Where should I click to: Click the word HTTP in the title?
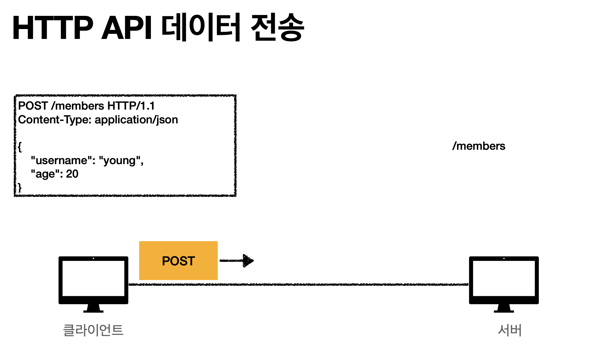53,28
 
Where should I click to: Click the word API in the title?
127,28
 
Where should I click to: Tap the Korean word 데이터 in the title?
201,27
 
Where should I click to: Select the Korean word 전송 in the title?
277,27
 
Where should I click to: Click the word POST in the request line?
33,106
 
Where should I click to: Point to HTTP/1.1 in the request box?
131,106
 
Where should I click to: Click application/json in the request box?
136,120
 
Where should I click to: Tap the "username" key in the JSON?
63,161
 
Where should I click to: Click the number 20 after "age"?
72,174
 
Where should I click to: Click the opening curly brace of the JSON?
20,147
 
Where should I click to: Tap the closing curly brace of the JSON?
20,188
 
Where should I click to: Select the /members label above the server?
479,146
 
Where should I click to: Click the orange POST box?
178,261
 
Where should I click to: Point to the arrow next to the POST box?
237,261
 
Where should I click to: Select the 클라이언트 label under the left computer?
93,330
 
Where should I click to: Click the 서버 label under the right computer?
509,330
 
